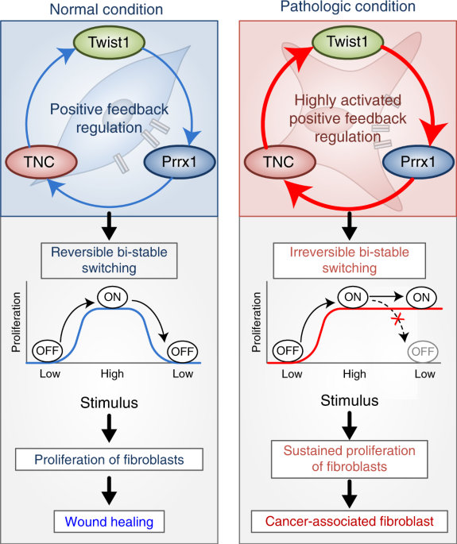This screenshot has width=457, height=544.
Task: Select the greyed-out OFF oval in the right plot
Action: tap(422, 350)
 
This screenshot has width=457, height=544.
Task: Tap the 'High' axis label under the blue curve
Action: tap(111, 373)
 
